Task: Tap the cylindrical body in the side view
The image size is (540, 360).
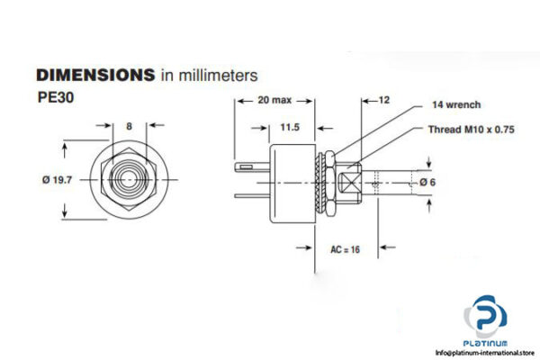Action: tap(290, 180)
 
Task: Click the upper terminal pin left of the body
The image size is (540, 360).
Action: tap(252, 166)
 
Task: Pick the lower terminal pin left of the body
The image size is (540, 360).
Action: tap(253, 196)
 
